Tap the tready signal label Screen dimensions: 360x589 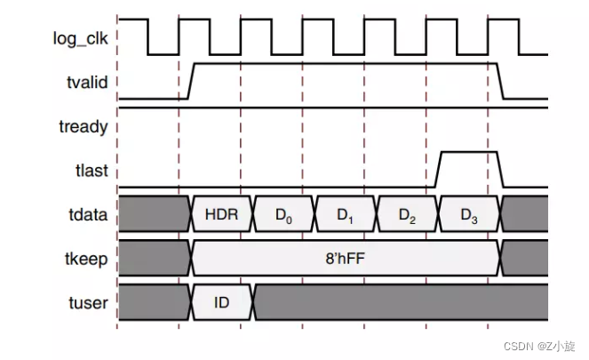(x=84, y=126)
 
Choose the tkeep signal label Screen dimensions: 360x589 (x=86, y=259)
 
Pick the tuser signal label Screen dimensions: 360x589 (x=88, y=303)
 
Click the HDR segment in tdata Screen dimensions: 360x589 (x=222, y=214)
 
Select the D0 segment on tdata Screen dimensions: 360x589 (x=284, y=214)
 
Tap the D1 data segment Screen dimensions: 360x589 (x=346, y=214)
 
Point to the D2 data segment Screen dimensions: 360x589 (x=408, y=214)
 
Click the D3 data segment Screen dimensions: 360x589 (x=469, y=214)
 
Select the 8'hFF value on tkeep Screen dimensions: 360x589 (x=346, y=259)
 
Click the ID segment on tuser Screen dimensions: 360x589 (x=222, y=303)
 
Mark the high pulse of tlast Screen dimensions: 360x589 (x=469, y=153)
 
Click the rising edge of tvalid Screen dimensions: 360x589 (x=190, y=81)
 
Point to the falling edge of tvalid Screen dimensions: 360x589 (x=501, y=81)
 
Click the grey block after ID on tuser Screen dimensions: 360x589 (x=400, y=303)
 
